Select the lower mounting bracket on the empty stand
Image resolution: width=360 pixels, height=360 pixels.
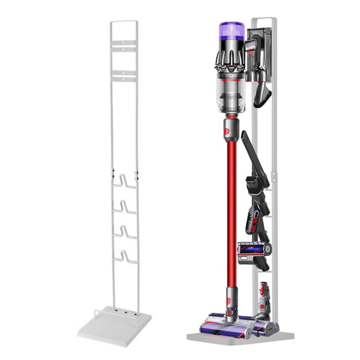pos(124,76)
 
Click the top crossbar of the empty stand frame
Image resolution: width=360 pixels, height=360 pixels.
pos(124,22)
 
